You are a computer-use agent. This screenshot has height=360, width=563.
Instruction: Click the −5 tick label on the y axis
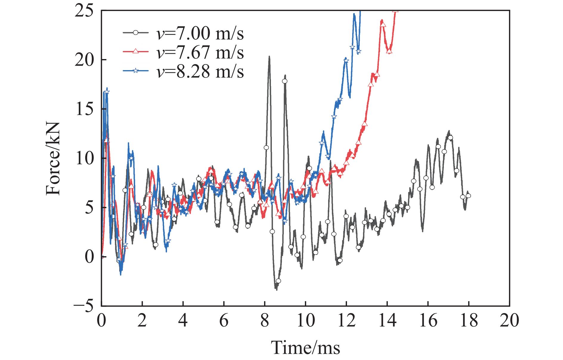(x=84, y=306)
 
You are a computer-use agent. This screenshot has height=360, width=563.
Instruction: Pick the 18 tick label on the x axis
(x=469, y=321)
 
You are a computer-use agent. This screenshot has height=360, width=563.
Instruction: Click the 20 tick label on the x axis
(x=509, y=321)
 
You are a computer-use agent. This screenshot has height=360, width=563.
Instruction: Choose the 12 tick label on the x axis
(x=346, y=321)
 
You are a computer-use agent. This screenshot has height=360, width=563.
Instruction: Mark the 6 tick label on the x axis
(x=224, y=321)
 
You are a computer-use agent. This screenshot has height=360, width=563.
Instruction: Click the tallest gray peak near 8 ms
(x=269, y=57)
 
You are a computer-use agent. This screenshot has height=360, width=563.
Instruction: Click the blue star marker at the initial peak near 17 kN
(x=107, y=92)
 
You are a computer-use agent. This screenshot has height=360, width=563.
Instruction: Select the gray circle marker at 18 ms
(x=468, y=196)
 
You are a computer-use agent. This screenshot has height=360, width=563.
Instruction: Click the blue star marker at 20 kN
(x=346, y=61)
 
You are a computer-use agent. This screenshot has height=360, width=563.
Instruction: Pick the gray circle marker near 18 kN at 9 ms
(x=285, y=81)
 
